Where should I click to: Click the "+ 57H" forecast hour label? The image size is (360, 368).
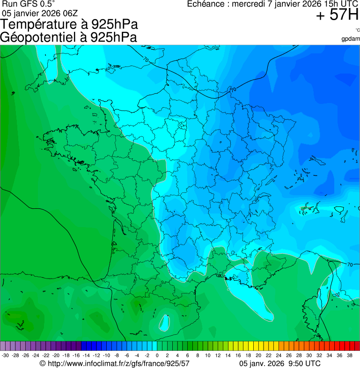[x=337, y=15]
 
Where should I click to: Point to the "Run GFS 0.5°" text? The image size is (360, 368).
[x=28, y=4]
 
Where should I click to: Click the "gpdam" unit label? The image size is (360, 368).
[x=351, y=38]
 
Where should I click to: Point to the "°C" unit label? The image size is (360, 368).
[x=357, y=30]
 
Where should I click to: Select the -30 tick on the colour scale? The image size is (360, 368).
[x=5, y=355]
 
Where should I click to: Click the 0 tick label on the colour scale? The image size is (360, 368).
[x=157, y=355]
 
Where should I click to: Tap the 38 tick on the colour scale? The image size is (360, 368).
[x=349, y=355]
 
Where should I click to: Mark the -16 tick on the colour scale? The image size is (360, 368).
[x=76, y=355]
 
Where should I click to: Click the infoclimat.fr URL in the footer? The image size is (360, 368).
[x=115, y=363]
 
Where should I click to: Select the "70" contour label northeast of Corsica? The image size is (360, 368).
[x=350, y=265]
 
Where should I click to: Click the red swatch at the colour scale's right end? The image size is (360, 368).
[x=357, y=346]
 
